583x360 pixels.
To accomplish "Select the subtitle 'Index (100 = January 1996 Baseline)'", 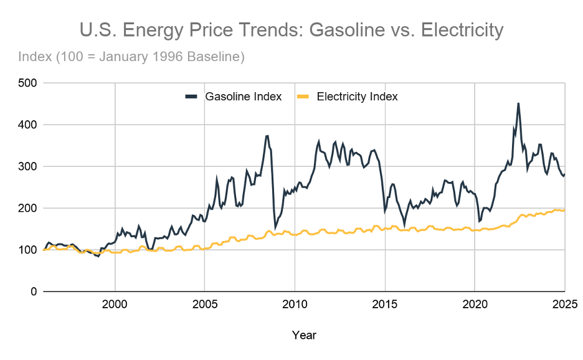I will pos(131,57).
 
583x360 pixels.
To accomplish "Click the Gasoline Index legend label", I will pos(244,97).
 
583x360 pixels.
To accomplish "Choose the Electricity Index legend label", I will pos(357,97).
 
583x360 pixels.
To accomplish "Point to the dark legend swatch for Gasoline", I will pos(191,97).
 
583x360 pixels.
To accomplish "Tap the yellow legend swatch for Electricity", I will pos(302,97).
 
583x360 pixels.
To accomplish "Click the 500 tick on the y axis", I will pos(28,83).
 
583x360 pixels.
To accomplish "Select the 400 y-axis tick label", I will pos(28,125).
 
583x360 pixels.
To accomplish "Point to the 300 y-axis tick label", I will pos(28,166).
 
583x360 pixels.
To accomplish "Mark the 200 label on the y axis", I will pos(28,208).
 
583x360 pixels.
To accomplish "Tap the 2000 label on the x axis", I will pos(115,305).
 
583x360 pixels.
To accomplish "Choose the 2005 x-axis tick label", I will pos(205,305).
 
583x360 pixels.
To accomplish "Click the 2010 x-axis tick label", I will pos(295,305).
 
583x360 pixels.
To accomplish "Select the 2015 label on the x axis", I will pos(385,305).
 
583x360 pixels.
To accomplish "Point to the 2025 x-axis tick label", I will pos(564,305).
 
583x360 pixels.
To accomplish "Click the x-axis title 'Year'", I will pos(304,335).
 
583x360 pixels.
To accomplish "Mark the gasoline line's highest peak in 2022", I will pos(518,103).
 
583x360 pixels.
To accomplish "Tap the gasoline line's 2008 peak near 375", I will pos(267,135).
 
